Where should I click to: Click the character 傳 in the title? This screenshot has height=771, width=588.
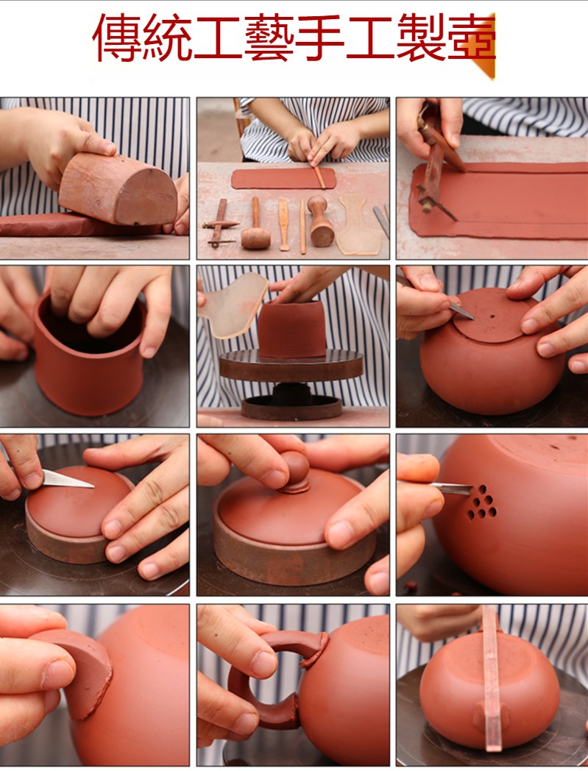coord(117,38)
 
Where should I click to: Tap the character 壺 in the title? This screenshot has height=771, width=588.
coord(471,38)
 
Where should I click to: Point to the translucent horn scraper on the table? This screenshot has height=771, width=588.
coord(358,224)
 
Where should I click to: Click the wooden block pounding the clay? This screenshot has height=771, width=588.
coord(118,188)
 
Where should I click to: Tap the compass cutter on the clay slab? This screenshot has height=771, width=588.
coord(437,163)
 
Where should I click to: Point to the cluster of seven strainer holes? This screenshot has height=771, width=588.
coord(482,502)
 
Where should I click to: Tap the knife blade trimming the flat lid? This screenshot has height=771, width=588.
coord(68,480)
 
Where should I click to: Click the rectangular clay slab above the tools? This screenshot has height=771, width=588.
coord(283,178)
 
